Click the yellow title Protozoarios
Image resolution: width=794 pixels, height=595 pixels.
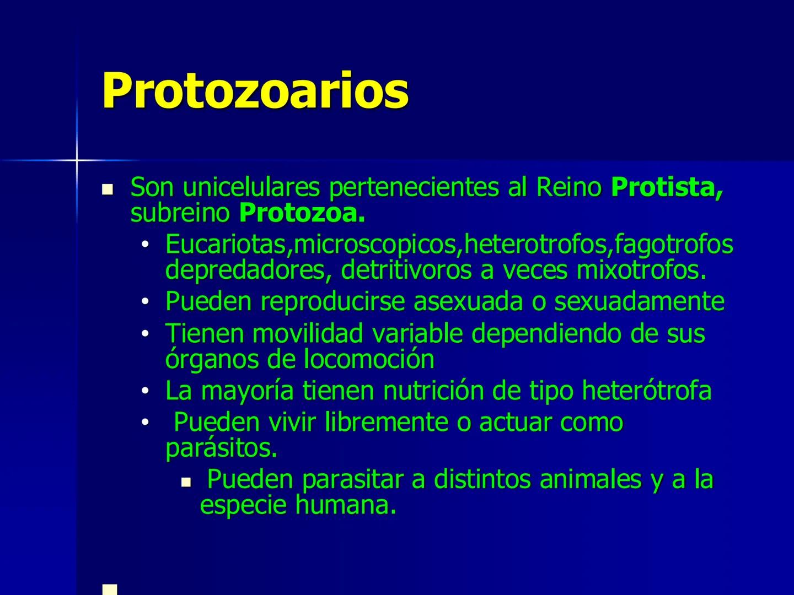tap(255, 90)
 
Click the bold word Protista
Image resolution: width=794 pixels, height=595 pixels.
tap(666, 188)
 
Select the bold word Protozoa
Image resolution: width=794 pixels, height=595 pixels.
tap(302, 214)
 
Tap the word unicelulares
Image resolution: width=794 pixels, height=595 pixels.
tap(251, 188)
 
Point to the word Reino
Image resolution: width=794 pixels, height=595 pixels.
tap(568, 188)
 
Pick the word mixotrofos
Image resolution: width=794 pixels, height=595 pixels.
tap(641, 270)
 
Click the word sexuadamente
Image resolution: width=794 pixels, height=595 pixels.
tap(639, 301)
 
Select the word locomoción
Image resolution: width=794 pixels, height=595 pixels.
tap(369, 359)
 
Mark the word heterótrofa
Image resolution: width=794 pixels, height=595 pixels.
tap(647, 391)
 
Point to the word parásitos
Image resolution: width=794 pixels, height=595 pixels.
tap(221, 448)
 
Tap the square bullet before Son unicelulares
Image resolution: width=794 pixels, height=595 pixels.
tap(108, 190)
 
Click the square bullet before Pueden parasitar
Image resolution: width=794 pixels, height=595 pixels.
tap(186, 482)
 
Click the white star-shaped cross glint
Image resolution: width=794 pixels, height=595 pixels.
tap(77, 160)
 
